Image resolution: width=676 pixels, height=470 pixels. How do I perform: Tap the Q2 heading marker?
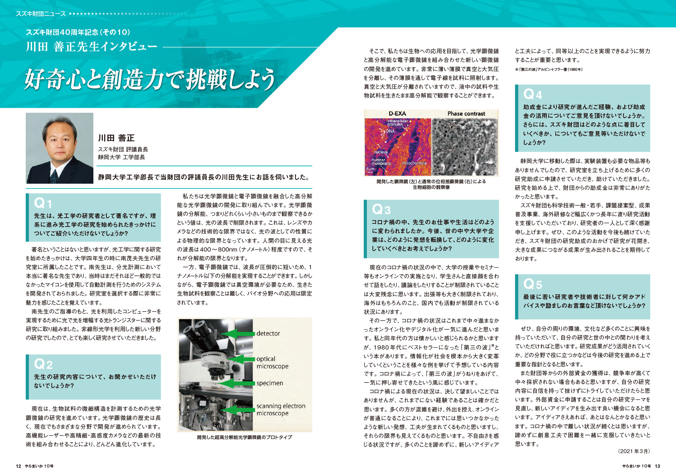pyautogui.click(x=43, y=364)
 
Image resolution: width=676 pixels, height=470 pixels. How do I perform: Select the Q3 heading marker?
pyautogui.click(x=381, y=209)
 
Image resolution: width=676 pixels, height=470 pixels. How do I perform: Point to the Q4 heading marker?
pyautogui.click(x=532, y=94)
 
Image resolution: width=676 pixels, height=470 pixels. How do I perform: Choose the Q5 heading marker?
pyautogui.click(x=532, y=284)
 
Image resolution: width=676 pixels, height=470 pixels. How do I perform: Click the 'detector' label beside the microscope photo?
pyautogui.click(x=268, y=333)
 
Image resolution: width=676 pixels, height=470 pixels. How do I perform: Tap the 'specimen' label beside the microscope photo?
pyautogui.click(x=269, y=383)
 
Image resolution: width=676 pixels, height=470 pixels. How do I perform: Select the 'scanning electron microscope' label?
pyautogui.click(x=281, y=409)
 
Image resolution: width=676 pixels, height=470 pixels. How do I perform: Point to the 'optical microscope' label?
pyautogui.click(x=272, y=363)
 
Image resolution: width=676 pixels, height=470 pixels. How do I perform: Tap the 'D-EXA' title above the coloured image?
pyautogui.click(x=397, y=113)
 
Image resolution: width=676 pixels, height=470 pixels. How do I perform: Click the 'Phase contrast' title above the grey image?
pyautogui.click(x=466, y=113)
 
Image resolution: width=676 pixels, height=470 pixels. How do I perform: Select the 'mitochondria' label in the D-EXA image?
pyautogui.click(x=414, y=163)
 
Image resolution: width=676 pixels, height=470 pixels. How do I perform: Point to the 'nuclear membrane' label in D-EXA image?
pyautogui.click(x=381, y=162)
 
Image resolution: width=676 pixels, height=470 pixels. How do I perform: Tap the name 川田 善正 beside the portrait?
pyautogui.click(x=116, y=138)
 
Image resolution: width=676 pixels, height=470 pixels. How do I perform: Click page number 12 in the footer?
pyautogui.click(x=18, y=466)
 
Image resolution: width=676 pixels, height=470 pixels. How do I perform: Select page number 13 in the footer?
pyautogui.click(x=657, y=466)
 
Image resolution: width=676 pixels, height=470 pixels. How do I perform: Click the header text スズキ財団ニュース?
pyautogui.click(x=40, y=14)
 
